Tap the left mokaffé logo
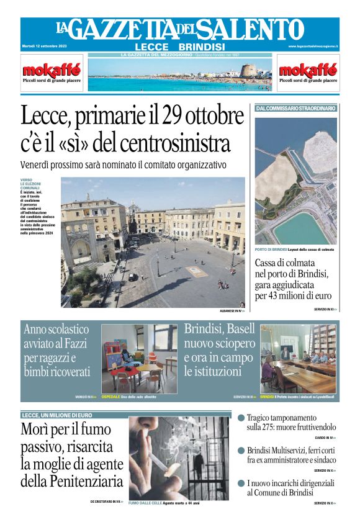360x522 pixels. [52, 70]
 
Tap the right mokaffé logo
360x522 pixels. [308, 70]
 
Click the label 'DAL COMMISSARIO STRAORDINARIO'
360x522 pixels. [296, 109]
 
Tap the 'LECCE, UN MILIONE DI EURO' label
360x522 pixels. [57, 415]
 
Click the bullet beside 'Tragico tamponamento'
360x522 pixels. [241, 418]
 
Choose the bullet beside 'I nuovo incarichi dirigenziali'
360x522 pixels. [241, 482]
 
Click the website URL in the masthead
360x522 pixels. [313, 47]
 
